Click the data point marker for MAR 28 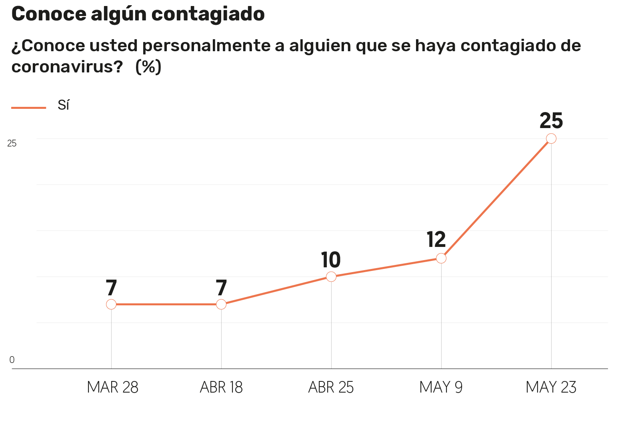111,304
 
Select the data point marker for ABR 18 221,304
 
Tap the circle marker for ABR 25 331,277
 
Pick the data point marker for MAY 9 441,258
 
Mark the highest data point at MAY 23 551,138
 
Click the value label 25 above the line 551,121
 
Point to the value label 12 436,240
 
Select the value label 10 331,260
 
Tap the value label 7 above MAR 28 111,288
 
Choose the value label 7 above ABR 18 221,288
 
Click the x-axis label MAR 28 112,387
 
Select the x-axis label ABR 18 221,387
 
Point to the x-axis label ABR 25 331,387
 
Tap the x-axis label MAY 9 441,387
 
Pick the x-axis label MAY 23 551,387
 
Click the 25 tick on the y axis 12,143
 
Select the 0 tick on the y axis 12,360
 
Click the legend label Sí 64,105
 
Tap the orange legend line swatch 29,108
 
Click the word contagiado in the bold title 208,14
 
